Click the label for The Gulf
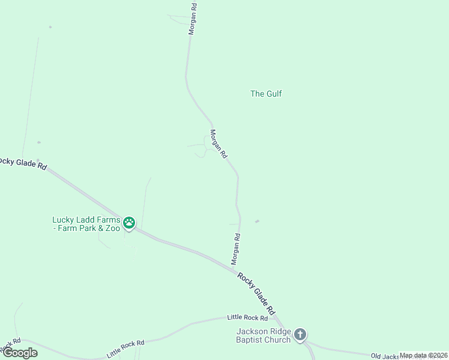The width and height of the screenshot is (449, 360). coord(266,94)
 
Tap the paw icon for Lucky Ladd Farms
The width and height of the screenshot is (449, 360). coord(129,224)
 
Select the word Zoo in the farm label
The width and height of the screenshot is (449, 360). coord(112,229)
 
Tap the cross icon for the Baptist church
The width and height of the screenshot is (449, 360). coord(300,335)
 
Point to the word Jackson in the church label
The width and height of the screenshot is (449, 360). coord(255,332)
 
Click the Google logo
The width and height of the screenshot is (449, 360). coord(19,353)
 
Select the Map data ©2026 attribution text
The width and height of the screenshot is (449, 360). coord(424,355)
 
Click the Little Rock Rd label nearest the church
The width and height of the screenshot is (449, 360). coord(247,317)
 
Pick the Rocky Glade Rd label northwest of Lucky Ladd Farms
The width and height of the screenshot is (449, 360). coord(23,163)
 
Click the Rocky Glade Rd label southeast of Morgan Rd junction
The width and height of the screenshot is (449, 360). coord(256,294)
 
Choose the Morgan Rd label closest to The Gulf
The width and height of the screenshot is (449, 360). coord(218,144)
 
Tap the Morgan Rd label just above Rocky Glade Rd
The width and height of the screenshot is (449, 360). coord(236,249)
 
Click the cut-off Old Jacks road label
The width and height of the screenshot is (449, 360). coord(385,356)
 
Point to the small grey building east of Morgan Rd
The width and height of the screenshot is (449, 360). coord(257,221)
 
